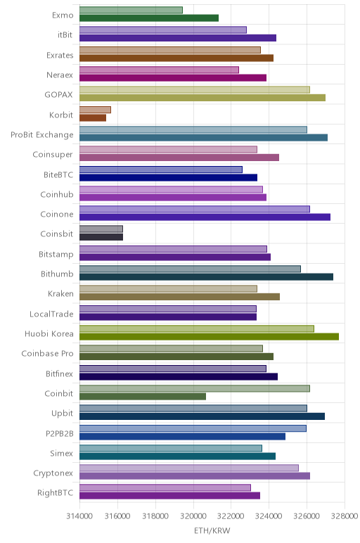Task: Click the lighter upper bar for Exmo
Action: point(131,10)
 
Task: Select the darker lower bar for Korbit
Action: point(93,117)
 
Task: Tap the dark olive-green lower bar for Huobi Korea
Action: point(209,337)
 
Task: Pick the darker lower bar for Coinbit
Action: point(143,396)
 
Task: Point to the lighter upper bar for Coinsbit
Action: point(101,229)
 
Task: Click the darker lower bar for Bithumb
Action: point(206,276)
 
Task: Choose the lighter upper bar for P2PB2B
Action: point(193,428)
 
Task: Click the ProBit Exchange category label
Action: point(42,135)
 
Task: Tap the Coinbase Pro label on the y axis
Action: point(47,354)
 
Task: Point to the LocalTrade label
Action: point(51,314)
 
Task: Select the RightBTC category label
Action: point(56,493)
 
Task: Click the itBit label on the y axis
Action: point(65,35)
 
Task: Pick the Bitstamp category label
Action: point(56,255)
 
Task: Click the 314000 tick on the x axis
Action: point(79,516)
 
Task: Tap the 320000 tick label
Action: point(193,516)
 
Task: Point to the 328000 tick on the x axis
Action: point(345,516)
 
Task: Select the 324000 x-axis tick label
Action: point(269,516)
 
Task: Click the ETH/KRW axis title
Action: point(212,531)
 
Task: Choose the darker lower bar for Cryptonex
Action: point(195,475)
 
